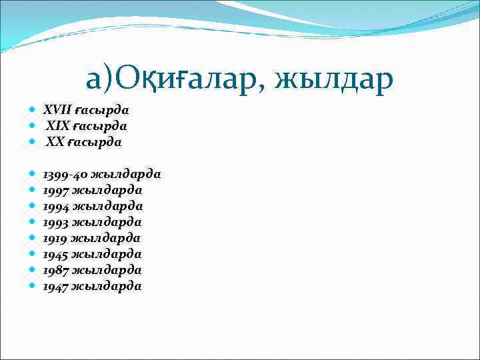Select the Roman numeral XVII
pyautogui.click(x=57, y=109)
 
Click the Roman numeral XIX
pyautogui.click(x=58, y=125)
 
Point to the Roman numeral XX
pyautogui.click(x=56, y=141)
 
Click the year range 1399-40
pyautogui.click(x=65, y=174)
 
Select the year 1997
pyautogui.click(x=56, y=190)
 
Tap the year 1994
pyautogui.click(x=56, y=206)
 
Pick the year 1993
pyautogui.click(x=56, y=222)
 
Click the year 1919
pyautogui.click(x=56, y=238)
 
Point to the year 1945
pyautogui.click(x=56, y=254)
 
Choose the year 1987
pyautogui.click(x=56, y=270)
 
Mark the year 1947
pyautogui.click(x=56, y=286)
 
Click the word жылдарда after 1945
pyautogui.click(x=107, y=254)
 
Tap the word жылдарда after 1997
pyautogui.click(x=107, y=190)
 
